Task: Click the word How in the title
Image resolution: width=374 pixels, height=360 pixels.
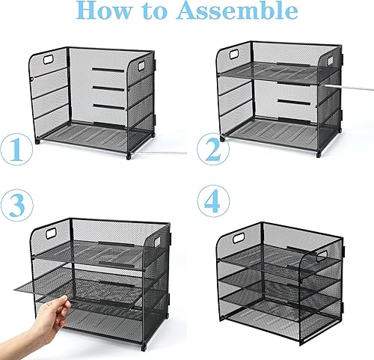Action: click(x=106, y=13)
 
